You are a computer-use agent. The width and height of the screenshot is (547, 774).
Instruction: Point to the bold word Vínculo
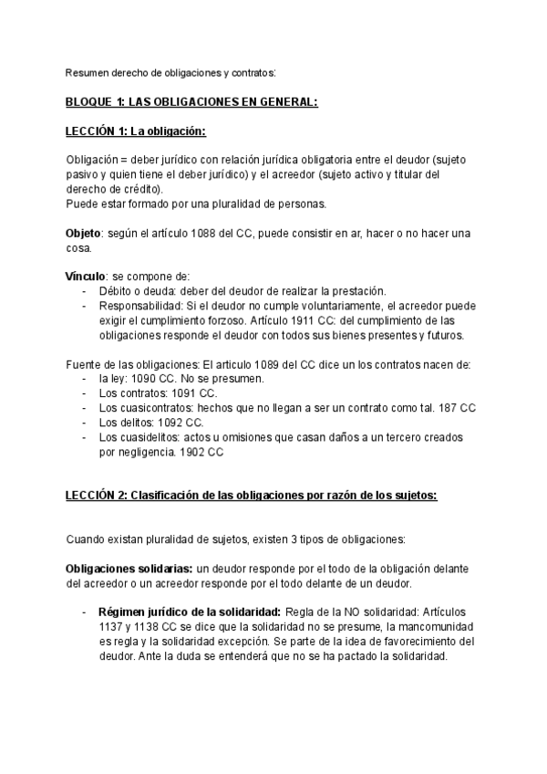[86, 277]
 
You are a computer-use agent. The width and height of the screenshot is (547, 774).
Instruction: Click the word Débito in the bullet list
[117, 291]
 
